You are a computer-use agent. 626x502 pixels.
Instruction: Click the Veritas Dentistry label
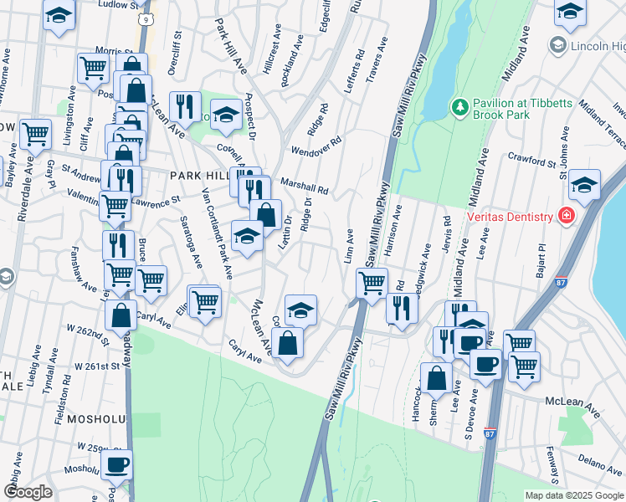[x=509, y=217]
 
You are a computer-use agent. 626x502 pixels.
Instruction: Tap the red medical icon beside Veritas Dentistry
[x=567, y=216]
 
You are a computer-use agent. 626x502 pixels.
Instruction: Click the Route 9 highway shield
[x=146, y=17]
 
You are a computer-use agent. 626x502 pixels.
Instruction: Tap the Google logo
[x=28, y=492]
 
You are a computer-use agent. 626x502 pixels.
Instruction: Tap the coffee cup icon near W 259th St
[x=116, y=463]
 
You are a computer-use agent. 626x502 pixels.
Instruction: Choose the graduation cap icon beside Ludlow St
[x=59, y=15]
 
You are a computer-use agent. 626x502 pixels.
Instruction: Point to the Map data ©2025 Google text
[x=574, y=495]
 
